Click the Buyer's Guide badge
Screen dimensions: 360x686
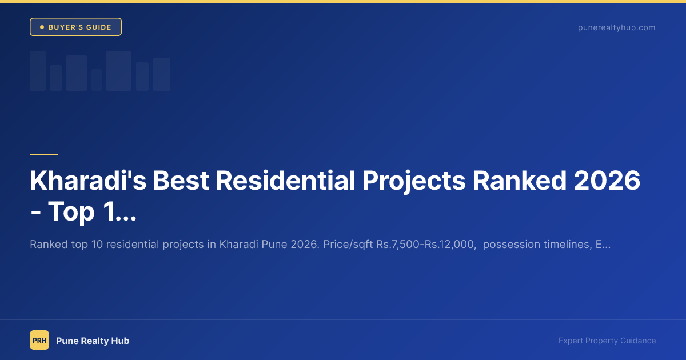pyautogui.click(x=75, y=27)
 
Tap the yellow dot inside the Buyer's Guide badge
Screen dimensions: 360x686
pyautogui.click(x=42, y=27)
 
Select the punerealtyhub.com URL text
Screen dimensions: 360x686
pyautogui.click(x=616, y=27)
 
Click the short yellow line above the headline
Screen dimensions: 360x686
pyautogui.click(x=44, y=154)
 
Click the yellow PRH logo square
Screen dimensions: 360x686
pyautogui.click(x=39, y=341)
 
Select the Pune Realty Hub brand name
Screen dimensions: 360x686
pyautogui.click(x=93, y=341)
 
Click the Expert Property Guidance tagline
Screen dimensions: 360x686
pyautogui.click(x=607, y=341)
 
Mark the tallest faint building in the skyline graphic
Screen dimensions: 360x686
pyautogui.click(x=119, y=71)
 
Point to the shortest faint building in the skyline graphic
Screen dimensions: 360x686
pyautogui.click(x=97, y=80)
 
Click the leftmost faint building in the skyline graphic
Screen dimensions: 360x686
pyautogui.click(x=38, y=71)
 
